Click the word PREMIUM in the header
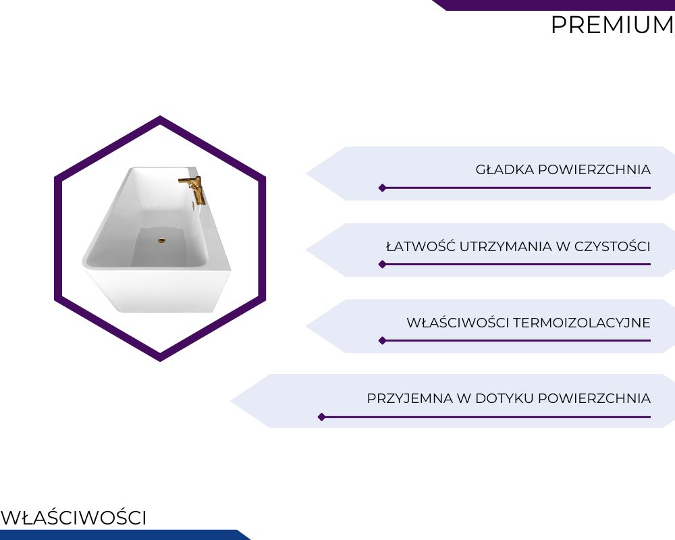tap(612, 25)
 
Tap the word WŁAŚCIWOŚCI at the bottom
tap(74, 517)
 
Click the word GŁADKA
tap(504, 169)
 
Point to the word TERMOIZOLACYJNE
tap(582, 323)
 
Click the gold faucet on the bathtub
tap(192, 188)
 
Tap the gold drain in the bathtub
tap(161, 241)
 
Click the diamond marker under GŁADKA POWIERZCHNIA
tap(382, 188)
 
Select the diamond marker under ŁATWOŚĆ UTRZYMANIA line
tap(382, 264)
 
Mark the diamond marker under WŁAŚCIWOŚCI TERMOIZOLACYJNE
tap(382, 341)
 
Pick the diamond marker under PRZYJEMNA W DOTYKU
tap(321, 417)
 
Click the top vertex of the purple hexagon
tap(160, 116)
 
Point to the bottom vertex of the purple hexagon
tap(160, 360)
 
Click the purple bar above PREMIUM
tap(553, 5)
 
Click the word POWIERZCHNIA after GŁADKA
tap(594, 169)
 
